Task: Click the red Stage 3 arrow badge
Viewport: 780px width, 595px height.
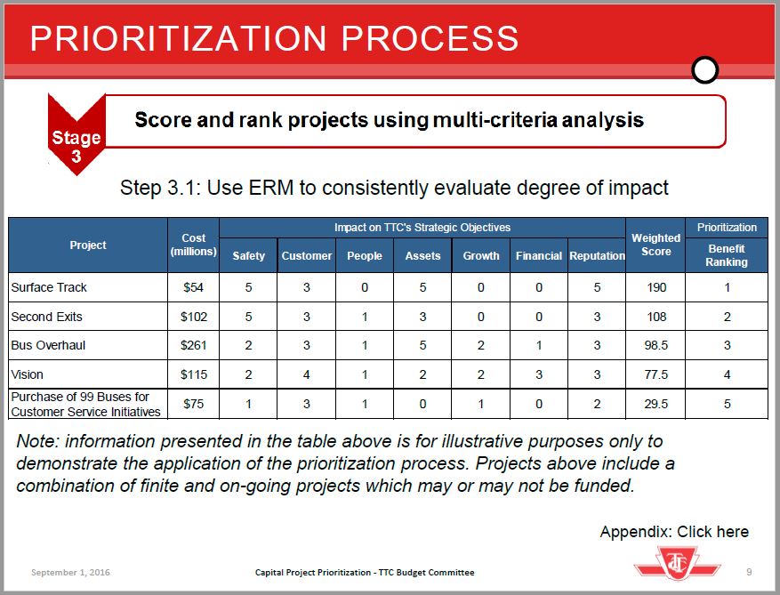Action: click(76, 134)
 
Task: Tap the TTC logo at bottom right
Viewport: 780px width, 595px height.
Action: click(678, 563)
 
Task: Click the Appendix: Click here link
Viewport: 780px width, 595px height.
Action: click(674, 532)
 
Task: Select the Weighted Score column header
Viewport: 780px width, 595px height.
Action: click(655, 245)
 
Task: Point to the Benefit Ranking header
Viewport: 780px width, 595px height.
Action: click(727, 255)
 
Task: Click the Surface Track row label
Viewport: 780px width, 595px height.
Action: click(49, 287)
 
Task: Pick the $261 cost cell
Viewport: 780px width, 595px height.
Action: click(194, 345)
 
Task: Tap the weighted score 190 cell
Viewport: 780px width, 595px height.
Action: click(656, 287)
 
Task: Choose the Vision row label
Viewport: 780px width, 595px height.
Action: click(27, 374)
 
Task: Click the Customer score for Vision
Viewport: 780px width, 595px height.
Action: click(307, 374)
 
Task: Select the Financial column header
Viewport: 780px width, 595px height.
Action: click(539, 256)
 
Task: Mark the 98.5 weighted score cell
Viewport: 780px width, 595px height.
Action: click(656, 345)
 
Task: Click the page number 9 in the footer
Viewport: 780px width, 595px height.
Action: click(749, 572)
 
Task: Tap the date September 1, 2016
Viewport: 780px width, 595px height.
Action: click(70, 573)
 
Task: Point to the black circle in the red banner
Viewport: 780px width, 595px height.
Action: click(705, 70)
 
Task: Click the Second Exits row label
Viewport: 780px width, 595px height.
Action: click(46, 317)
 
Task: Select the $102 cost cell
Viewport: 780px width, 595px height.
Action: click(194, 317)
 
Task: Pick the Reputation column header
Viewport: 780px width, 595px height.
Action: click(597, 256)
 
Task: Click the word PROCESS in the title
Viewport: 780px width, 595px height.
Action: click(430, 38)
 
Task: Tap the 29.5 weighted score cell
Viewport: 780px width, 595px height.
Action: click(656, 404)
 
